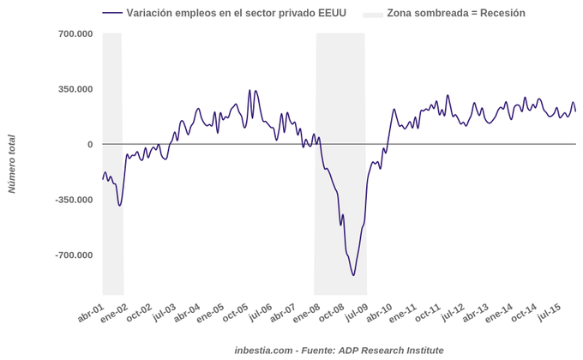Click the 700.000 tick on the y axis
tap(75, 33)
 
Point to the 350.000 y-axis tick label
tap(75, 89)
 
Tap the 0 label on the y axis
tap(89, 144)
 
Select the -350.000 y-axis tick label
tap(74, 200)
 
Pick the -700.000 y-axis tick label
tap(74, 255)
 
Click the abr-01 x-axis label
tap(91, 313)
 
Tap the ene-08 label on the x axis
tap(306, 313)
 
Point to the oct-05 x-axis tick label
tap(236, 313)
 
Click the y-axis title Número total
tap(12, 164)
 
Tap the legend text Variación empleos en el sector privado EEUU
tap(235, 13)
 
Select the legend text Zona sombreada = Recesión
tap(456, 13)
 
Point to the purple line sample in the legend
tap(111, 13)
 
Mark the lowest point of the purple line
tap(353, 275)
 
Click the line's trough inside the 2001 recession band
tap(120, 206)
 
